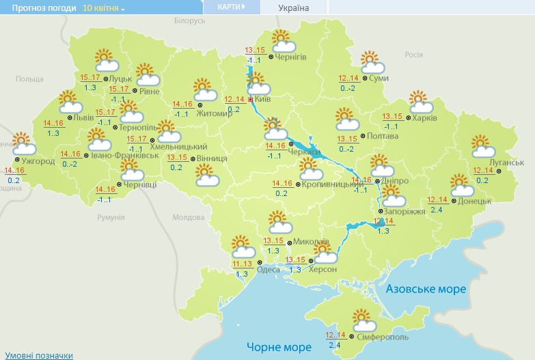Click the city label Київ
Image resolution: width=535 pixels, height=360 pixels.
coord(263,100)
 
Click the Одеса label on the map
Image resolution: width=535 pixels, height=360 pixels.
coord(268,269)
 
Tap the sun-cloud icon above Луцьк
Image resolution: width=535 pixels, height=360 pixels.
coord(106,61)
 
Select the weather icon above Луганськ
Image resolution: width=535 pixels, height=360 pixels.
coord(484,146)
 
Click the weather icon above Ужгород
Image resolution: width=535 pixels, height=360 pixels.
coord(24,143)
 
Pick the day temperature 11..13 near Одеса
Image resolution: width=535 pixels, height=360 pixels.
coord(242,264)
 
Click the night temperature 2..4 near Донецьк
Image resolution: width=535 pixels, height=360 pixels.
coord(437,209)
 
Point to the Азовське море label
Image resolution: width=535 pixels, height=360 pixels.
coord(426,289)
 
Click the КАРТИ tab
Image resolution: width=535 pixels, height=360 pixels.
coord(231,7)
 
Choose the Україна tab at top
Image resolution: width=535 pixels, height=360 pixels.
coord(294,8)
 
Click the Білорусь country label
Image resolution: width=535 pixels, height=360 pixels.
coord(189,21)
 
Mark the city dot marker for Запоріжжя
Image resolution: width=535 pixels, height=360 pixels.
coord(381,212)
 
